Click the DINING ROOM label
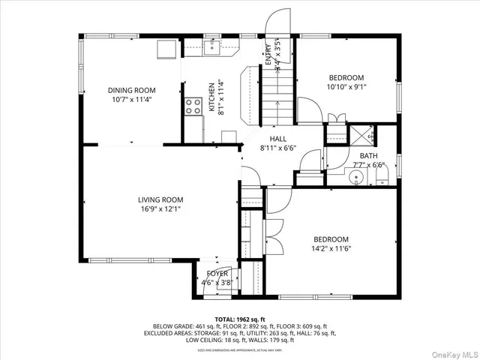coord(130,90)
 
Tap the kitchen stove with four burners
coord(193,106)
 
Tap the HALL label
coord(278,139)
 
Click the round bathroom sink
coord(357,178)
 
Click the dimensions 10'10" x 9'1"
coord(346,86)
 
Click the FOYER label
coord(217,274)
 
